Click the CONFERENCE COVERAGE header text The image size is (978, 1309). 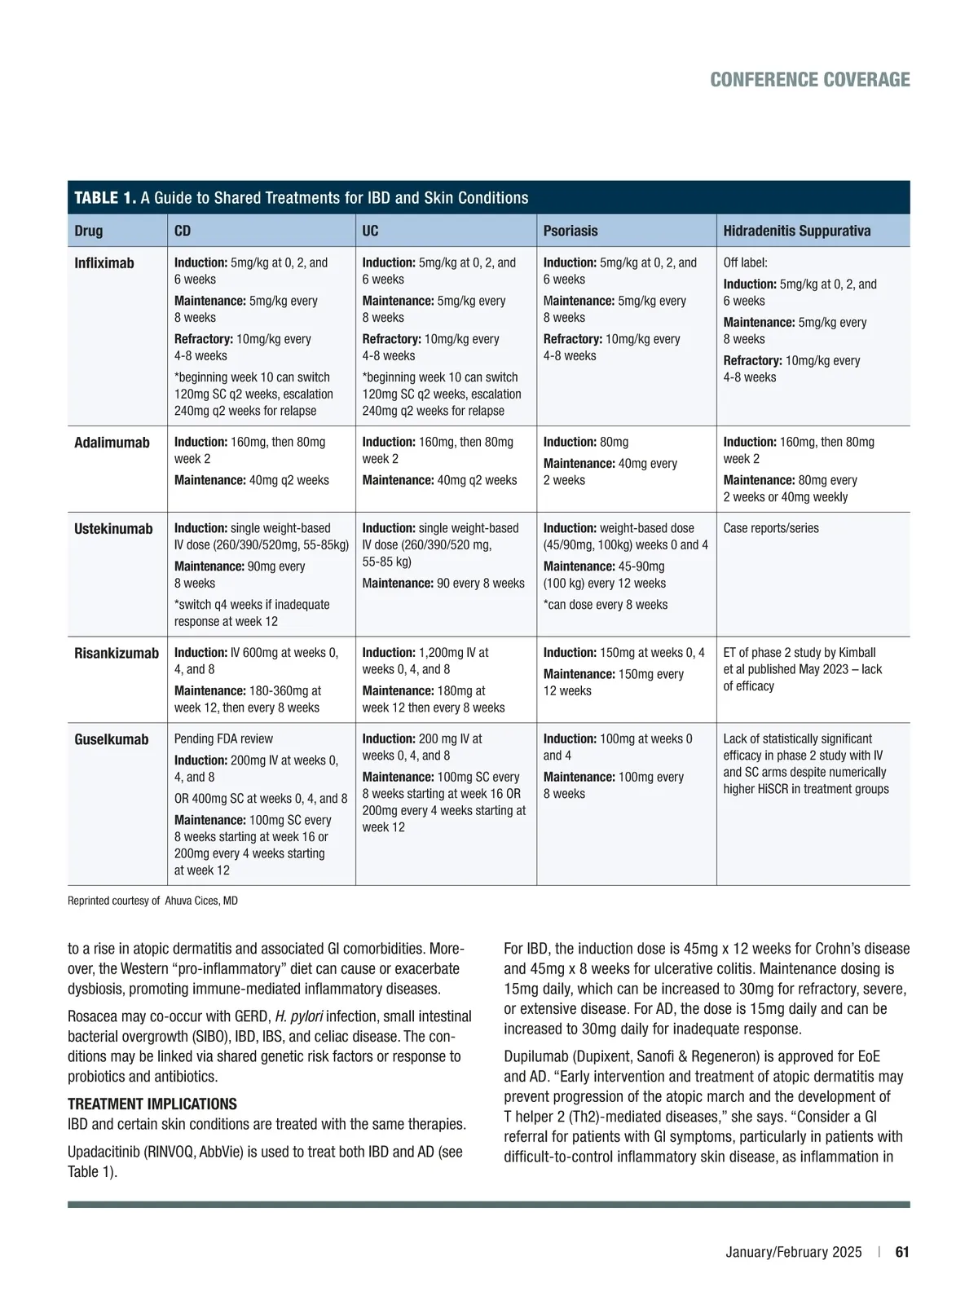click(809, 80)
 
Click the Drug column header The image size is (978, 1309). click(89, 231)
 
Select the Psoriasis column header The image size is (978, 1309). click(570, 231)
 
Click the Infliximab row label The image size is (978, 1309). click(104, 263)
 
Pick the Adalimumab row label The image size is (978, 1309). click(112, 443)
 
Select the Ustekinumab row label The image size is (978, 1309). click(113, 529)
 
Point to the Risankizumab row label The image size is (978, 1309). click(117, 653)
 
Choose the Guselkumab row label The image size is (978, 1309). click(112, 739)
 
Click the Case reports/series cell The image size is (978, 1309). click(771, 528)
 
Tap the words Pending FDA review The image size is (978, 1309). click(223, 739)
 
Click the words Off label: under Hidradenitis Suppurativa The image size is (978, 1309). click(745, 263)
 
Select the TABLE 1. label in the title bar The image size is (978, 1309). click(105, 198)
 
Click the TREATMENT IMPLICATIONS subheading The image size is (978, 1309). click(152, 1104)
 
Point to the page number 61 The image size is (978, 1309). click(901, 1253)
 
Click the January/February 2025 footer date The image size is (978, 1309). click(793, 1253)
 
